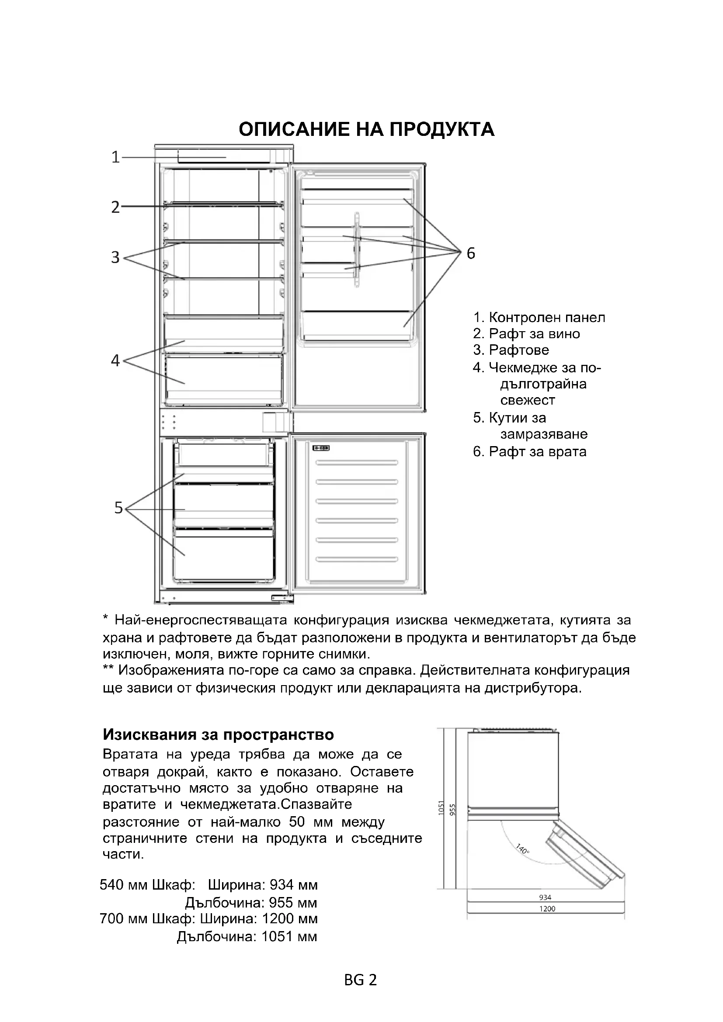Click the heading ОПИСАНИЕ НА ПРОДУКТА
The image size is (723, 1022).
tap(366, 129)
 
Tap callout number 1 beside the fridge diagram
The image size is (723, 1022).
tap(115, 157)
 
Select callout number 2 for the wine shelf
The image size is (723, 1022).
tap(115, 207)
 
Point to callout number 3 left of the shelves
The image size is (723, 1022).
tap(115, 257)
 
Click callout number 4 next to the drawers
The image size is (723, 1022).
tap(115, 360)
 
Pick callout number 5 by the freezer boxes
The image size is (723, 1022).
tap(118, 507)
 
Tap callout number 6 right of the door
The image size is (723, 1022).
tap(471, 253)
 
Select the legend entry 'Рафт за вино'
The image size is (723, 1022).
tap(526, 334)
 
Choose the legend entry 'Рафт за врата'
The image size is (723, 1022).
tap(529, 452)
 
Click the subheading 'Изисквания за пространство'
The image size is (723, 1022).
tap(218, 734)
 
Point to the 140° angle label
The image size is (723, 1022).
tap(523, 849)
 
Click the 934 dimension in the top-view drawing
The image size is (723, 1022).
tap(545, 897)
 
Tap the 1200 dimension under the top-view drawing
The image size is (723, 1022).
tap(547, 908)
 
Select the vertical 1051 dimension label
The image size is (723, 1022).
tap(441, 808)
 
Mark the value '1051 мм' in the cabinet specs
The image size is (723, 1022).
tap(289, 936)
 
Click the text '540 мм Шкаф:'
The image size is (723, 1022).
tap(147, 884)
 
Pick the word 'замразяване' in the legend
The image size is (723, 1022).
tap(544, 434)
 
